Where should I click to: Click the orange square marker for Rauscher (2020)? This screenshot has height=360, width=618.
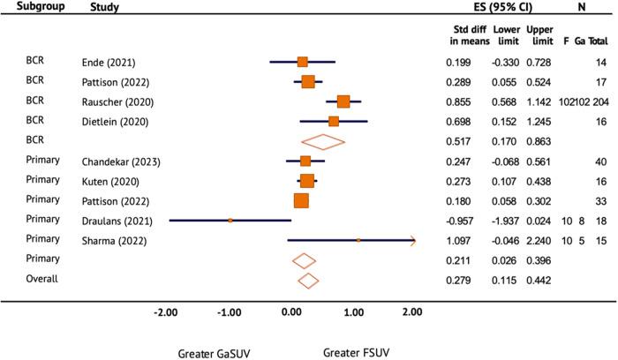point(343,101)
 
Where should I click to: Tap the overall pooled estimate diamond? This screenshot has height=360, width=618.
point(308,281)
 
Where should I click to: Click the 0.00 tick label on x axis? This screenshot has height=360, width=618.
point(291,311)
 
